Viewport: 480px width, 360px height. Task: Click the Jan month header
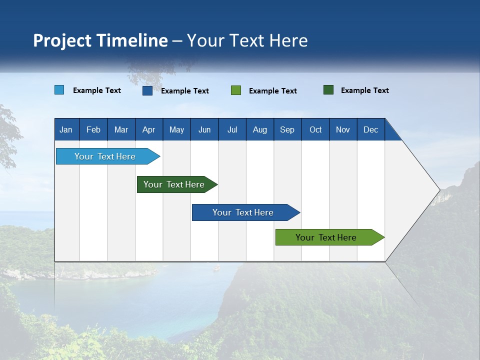click(66, 129)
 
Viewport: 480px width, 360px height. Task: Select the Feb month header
click(93, 129)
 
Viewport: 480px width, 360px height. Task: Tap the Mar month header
click(121, 129)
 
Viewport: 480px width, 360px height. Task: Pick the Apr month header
click(149, 129)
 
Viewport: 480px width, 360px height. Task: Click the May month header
click(176, 129)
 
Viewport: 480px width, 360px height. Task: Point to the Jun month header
click(204, 129)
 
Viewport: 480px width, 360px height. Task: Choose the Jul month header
click(232, 129)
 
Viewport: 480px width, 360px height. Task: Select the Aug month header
click(260, 129)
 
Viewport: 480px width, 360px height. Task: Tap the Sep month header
click(287, 129)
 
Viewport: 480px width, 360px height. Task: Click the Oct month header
click(315, 129)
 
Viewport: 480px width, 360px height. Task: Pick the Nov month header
click(343, 129)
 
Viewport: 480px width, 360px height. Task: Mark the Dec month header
click(371, 129)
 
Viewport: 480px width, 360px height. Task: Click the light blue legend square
click(59, 90)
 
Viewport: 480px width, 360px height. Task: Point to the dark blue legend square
click(147, 90)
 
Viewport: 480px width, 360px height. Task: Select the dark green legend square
click(328, 90)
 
